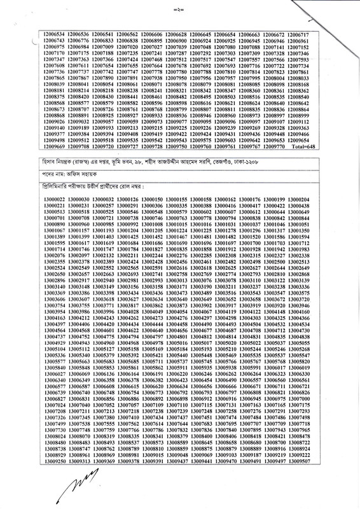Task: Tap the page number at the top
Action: (180, 9)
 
